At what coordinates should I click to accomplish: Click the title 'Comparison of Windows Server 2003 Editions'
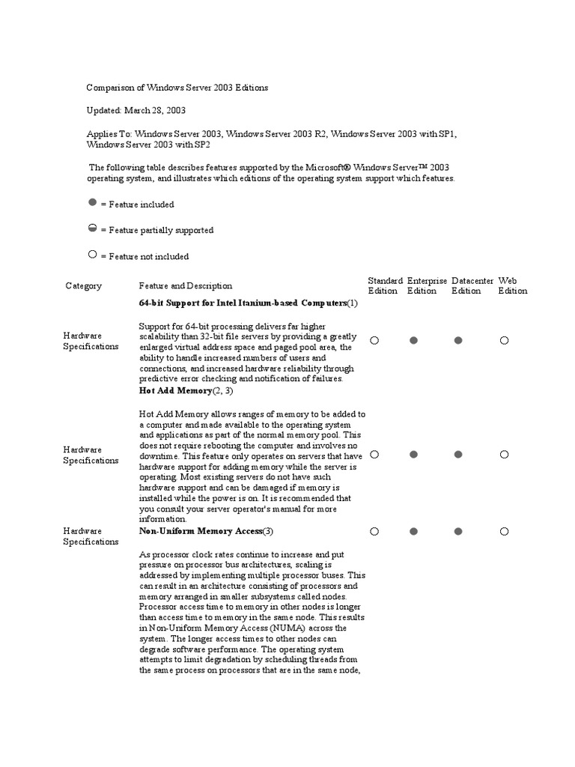coord(177,88)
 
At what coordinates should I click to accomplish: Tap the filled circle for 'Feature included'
coord(92,203)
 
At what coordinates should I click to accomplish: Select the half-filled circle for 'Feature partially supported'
coord(92,229)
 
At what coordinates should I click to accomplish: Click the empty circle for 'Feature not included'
coord(92,255)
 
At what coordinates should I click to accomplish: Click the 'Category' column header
coord(83,286)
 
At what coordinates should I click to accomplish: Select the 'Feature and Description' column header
coord(186,286)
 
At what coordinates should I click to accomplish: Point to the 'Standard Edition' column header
coord(385,285)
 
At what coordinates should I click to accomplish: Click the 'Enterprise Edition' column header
coord(427,285)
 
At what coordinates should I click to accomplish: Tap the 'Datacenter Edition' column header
coord(472,285)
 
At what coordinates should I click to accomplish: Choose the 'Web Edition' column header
coord(513,285)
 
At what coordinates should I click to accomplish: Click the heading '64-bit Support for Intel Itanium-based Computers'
coord(243,303)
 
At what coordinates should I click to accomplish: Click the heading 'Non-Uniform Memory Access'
coord(201,531)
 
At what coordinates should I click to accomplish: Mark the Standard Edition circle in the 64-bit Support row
coord(374,340)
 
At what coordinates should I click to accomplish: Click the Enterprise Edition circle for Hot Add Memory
coord(413,455)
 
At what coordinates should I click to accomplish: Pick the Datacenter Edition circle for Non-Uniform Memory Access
coord(458,531)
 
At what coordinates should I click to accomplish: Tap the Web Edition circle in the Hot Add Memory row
coord(505,455)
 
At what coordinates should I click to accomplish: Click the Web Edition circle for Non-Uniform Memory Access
coord(505,531)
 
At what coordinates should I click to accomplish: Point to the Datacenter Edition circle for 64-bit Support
coord(458,340)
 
